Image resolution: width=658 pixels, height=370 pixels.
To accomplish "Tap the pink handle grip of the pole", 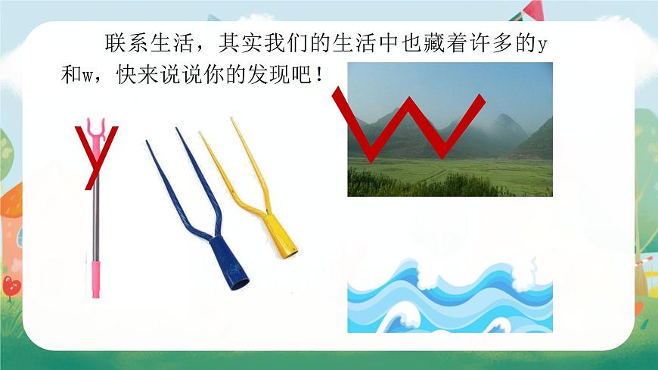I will point(96,277).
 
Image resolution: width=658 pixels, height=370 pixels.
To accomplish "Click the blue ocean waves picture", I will point(449,297).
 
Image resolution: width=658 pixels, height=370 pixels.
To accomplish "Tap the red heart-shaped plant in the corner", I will point(11,285).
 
